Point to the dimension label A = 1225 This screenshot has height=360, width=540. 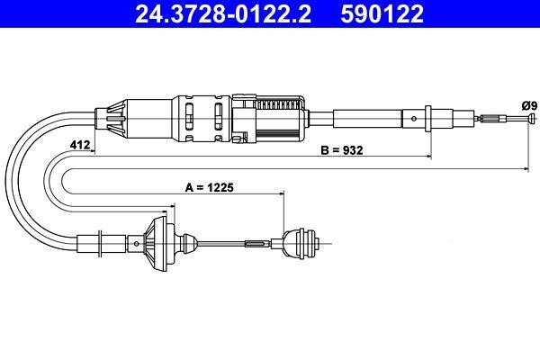[209, 189]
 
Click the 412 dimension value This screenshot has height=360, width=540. [78, 144]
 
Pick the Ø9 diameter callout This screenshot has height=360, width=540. [528, 105]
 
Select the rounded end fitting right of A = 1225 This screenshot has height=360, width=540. [299, 243]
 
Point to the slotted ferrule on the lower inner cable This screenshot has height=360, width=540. [256, 243]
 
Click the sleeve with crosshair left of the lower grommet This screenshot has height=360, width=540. [106, 243]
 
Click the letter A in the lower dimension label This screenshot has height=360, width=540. [189, 189]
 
